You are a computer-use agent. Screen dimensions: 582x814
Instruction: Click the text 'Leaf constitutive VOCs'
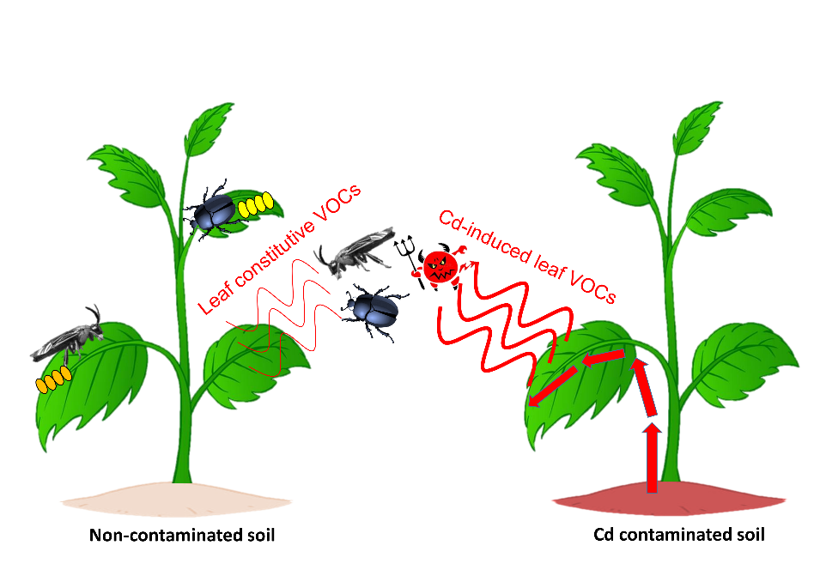coord(279,249)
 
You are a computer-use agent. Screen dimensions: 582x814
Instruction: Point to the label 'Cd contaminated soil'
coord(678,536)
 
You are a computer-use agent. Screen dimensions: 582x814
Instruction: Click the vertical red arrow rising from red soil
coord(653,455)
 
